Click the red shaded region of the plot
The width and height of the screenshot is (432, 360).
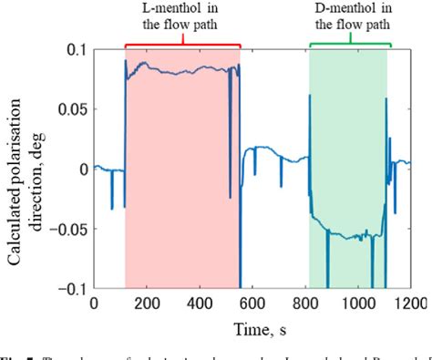(182, 182)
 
